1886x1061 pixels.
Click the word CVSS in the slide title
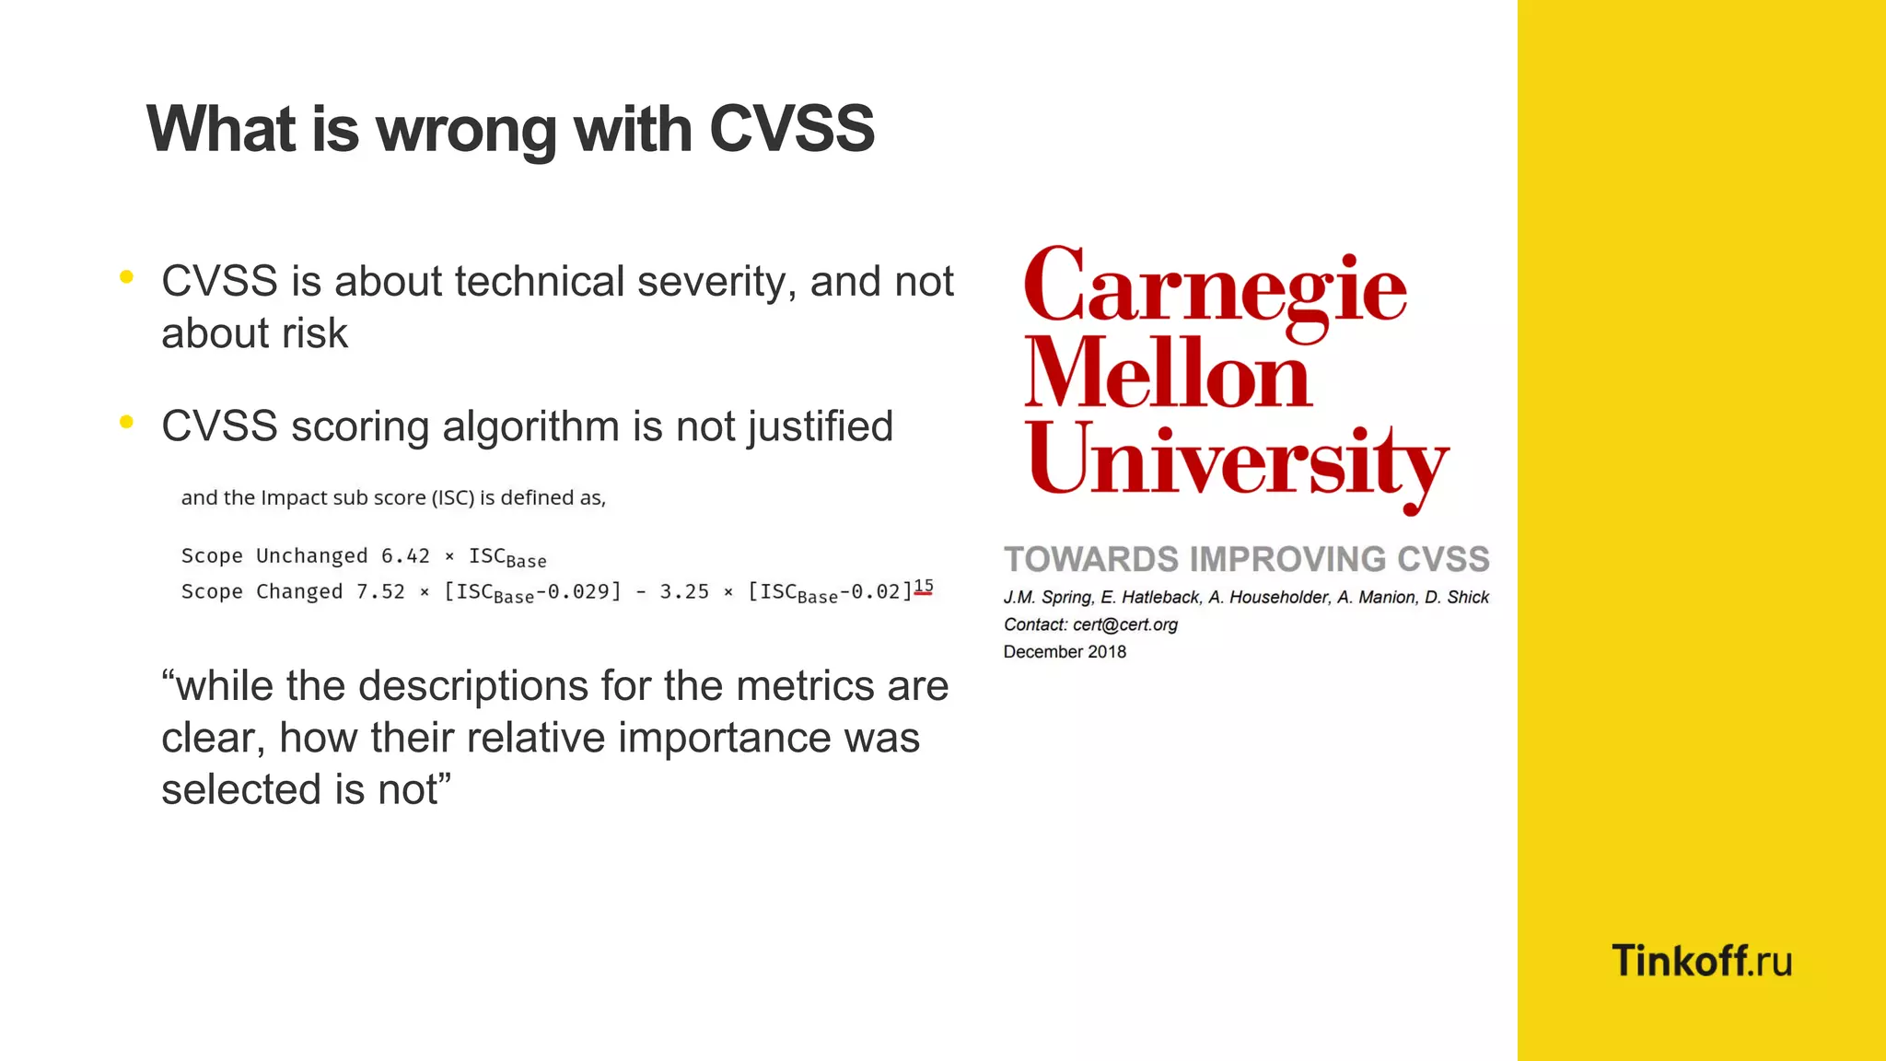coord(791,129)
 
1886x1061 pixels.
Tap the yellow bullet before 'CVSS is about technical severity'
coord(127,276)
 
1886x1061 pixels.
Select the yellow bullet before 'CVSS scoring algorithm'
coord(127,422)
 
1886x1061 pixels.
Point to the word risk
coord(315,333)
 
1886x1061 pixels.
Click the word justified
coord(820,427)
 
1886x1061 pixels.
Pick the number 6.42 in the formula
coord(405,556)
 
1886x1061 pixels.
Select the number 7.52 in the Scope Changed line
coord(380,592)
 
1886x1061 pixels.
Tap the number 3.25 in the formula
coord(684,592)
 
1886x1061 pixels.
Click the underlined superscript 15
coord(924,586)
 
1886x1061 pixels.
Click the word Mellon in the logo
coord(1168,374)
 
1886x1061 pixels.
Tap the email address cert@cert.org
coord(1125,624)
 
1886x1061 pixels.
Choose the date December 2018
coord(1065,652)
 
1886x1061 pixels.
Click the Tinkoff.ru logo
coord(1701,961)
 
